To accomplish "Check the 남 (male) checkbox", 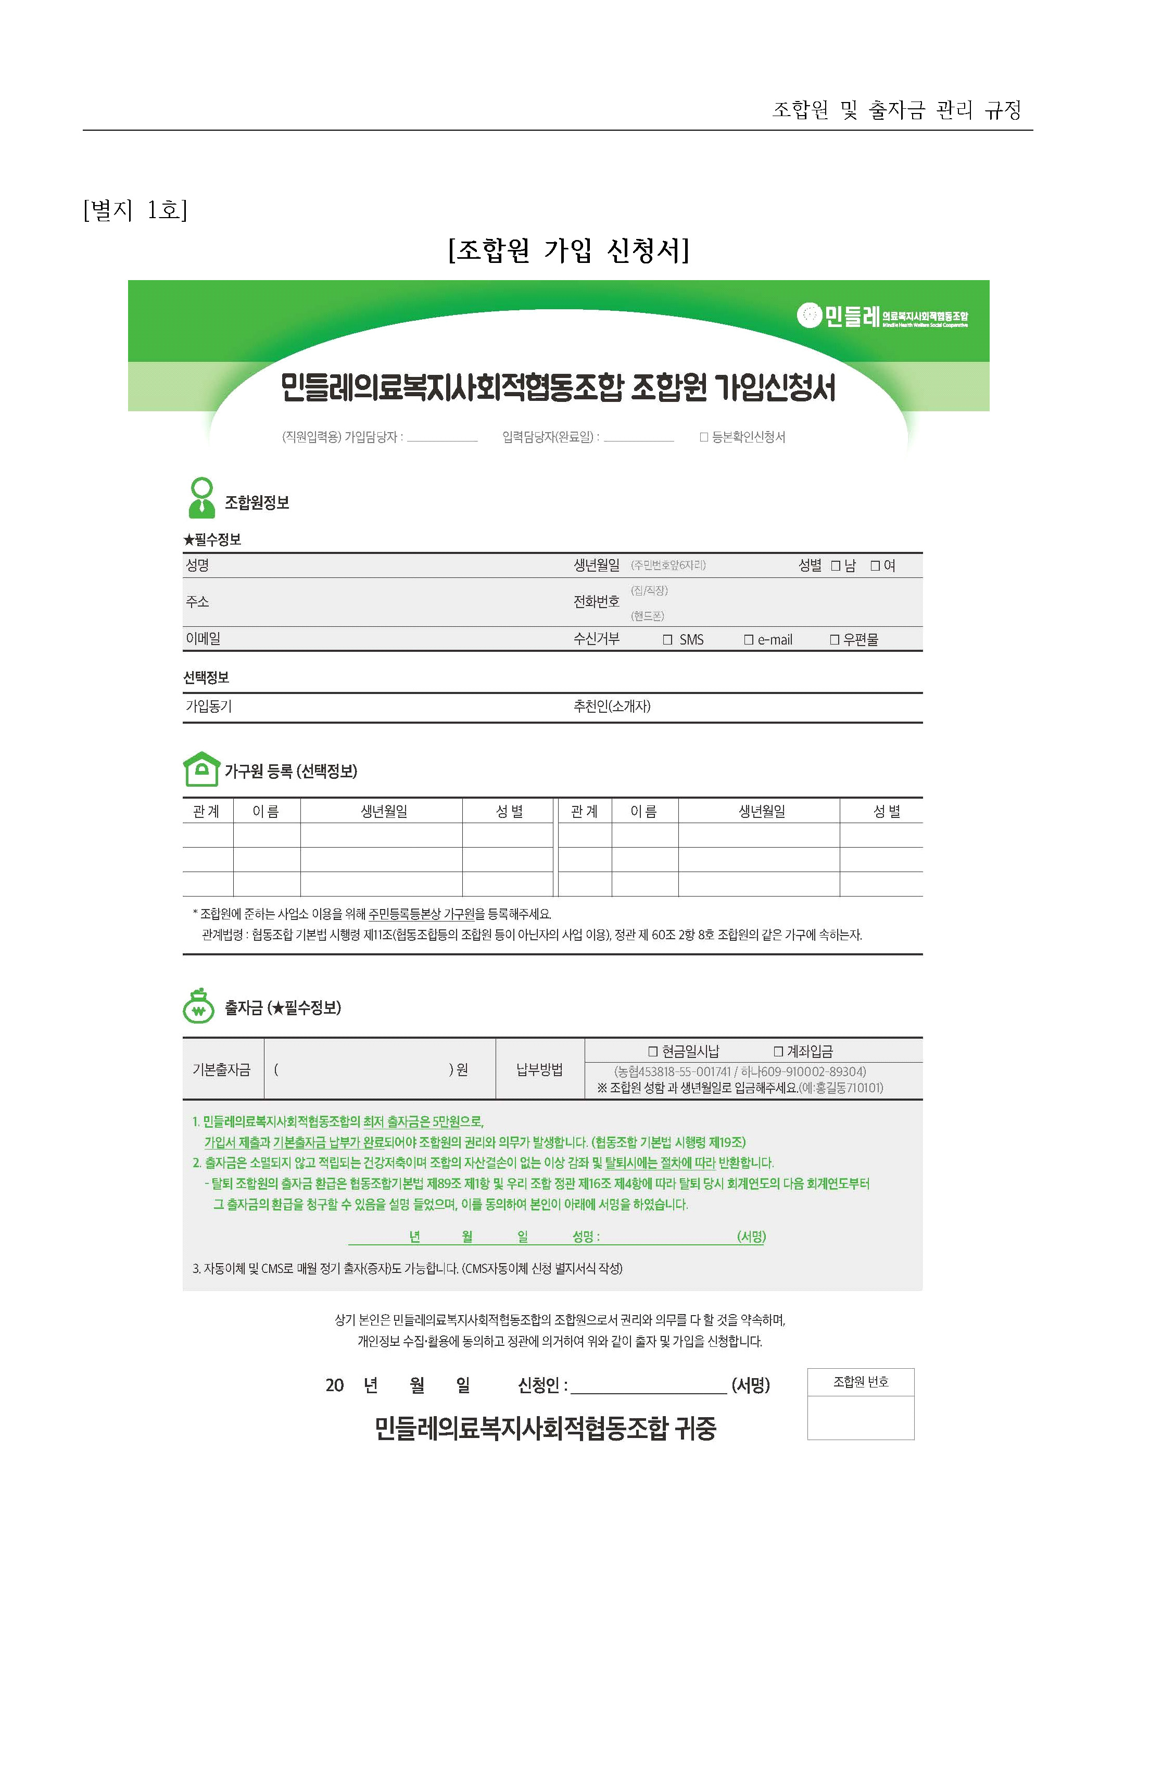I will click(836, 566).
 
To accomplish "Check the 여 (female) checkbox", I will click(875, 566).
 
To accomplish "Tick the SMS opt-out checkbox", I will click(668, 640).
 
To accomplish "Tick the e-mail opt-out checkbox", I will click(748, 640).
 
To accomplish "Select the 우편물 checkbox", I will click(834, 640).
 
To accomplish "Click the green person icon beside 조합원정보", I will click(201, 498).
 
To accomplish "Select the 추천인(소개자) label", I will click(612, 707).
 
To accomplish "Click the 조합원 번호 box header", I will click(860, 1382).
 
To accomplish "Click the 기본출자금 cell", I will click(222, 1070).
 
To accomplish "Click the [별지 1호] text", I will click(135, 210).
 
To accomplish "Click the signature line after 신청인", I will click(648, 1386).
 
